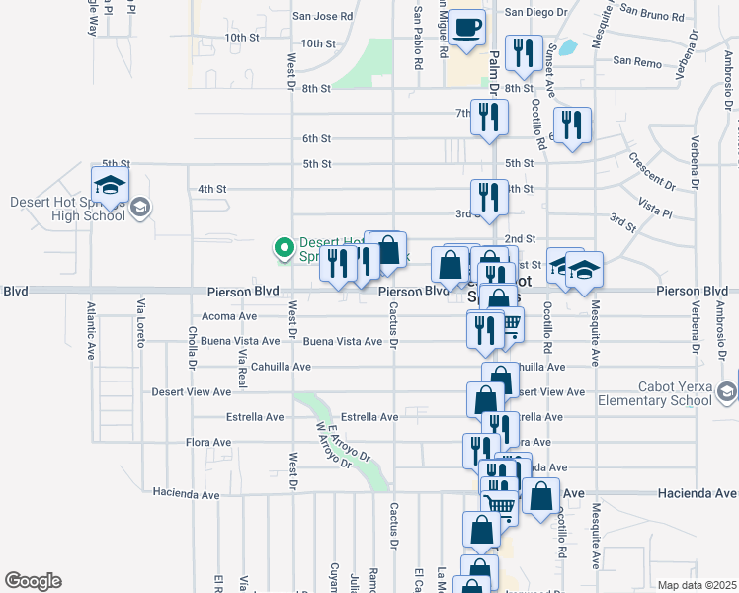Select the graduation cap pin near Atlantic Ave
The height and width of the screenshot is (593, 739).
pos(110,185)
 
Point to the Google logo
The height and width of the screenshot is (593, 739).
pos(33,580)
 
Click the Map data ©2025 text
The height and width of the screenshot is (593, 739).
pos(698,585)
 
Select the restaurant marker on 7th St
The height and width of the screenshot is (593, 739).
pos(489,119)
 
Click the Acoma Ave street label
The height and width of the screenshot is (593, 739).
pos(228,316)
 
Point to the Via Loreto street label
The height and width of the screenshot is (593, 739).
pos(141,336)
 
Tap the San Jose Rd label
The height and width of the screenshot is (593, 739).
pos(323,16)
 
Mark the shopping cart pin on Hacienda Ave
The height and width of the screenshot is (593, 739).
pos(500,507)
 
